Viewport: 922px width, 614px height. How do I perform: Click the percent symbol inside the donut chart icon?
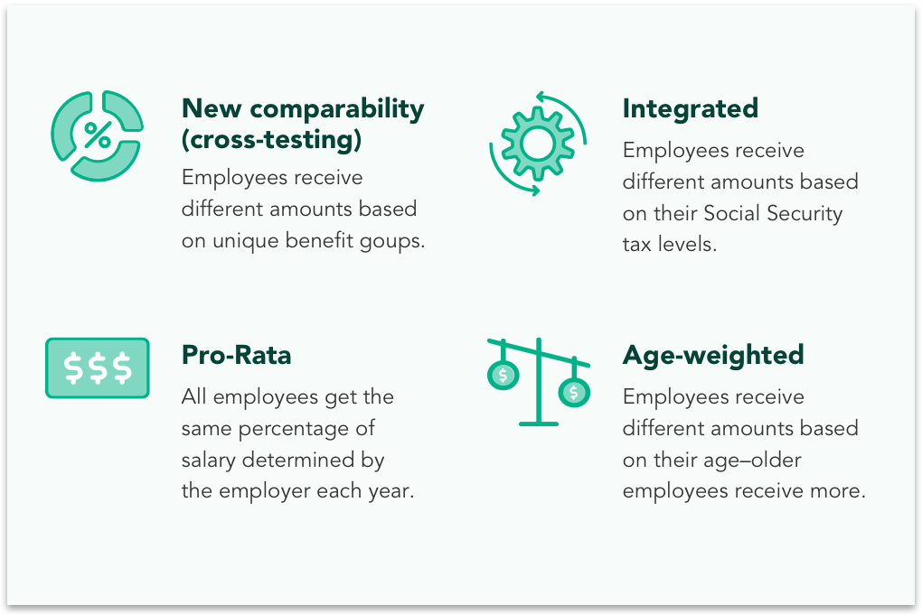pyautogui.click(x=97, y=135)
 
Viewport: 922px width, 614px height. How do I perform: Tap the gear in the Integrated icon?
pyautogui.click(x=538, y=144)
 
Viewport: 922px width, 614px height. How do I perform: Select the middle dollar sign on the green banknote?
pyautogui.click(x=98, y=367)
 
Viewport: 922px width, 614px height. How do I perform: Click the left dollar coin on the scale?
pyautogui.click(x=503, y=375)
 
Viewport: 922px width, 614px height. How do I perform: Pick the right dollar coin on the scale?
pyautogui.click(x=574, y=392)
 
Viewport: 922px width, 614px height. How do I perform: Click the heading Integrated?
pyautogui.click(x=691, y=108)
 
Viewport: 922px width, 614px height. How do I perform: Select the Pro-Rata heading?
pyautogui.click(x=237, y=355)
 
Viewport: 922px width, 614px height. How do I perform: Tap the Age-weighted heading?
pyautogui.click(x=713, y=356)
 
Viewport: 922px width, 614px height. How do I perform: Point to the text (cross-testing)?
pyautogui.click(x=272, y=140)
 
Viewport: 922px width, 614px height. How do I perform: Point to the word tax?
pyautogui.click(x=637, y=245)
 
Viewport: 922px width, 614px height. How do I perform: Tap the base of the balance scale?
pyautogui.click(x=539, y=423)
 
